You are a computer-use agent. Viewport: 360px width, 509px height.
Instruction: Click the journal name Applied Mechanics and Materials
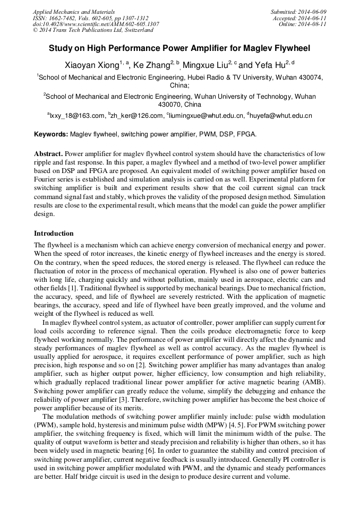click(x=74, y=12)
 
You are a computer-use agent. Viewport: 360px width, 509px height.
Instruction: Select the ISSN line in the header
click(x=90, y=18)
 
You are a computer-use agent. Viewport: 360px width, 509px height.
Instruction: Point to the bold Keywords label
click(x=51, y=135)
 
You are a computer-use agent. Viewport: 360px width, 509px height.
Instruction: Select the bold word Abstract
click(x=48, y=153)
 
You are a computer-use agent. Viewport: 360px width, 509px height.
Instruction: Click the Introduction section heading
click(x=54, y=233)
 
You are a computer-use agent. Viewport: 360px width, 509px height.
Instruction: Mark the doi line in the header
click(x=96, y=24)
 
